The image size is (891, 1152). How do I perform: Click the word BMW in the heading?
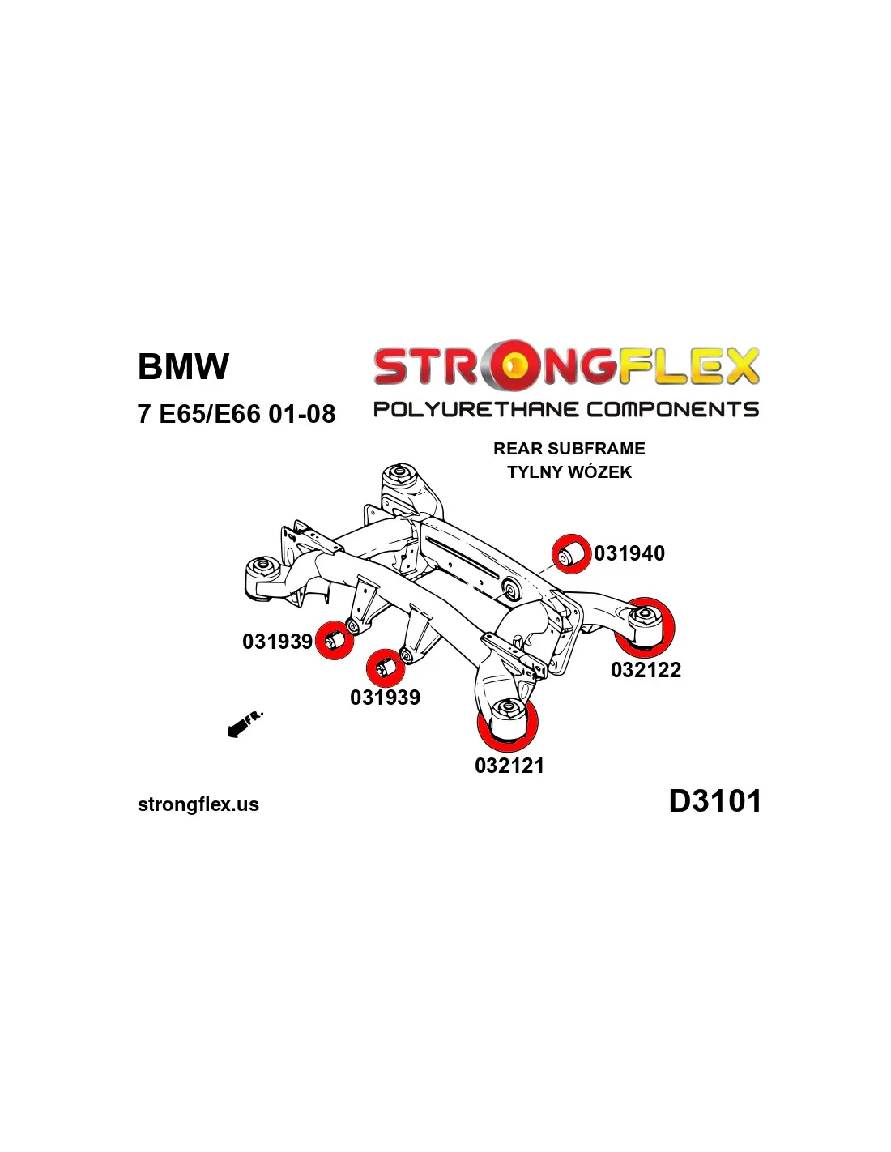[183, 366]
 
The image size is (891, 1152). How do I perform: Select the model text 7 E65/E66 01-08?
[236, 414]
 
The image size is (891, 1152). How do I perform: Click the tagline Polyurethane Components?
[565, 409]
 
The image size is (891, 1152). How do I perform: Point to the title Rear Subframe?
[569, 449]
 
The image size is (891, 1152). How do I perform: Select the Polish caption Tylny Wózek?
[569, 472]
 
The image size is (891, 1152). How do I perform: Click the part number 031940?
[629, 553]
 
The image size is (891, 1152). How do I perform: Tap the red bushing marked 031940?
[571, 554]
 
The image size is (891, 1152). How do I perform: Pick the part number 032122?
[646, 670]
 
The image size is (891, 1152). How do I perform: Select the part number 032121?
[509, 766]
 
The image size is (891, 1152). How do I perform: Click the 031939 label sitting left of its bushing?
[277, 642]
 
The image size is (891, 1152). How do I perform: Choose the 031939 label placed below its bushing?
[385, 698]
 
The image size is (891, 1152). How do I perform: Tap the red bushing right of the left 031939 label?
[334, 640]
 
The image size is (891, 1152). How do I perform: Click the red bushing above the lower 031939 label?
[385, 668]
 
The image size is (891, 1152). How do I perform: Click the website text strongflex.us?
[198, 804]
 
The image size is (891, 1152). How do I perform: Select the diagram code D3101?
[714, 801]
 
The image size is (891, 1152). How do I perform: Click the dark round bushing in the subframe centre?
[510, 589]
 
